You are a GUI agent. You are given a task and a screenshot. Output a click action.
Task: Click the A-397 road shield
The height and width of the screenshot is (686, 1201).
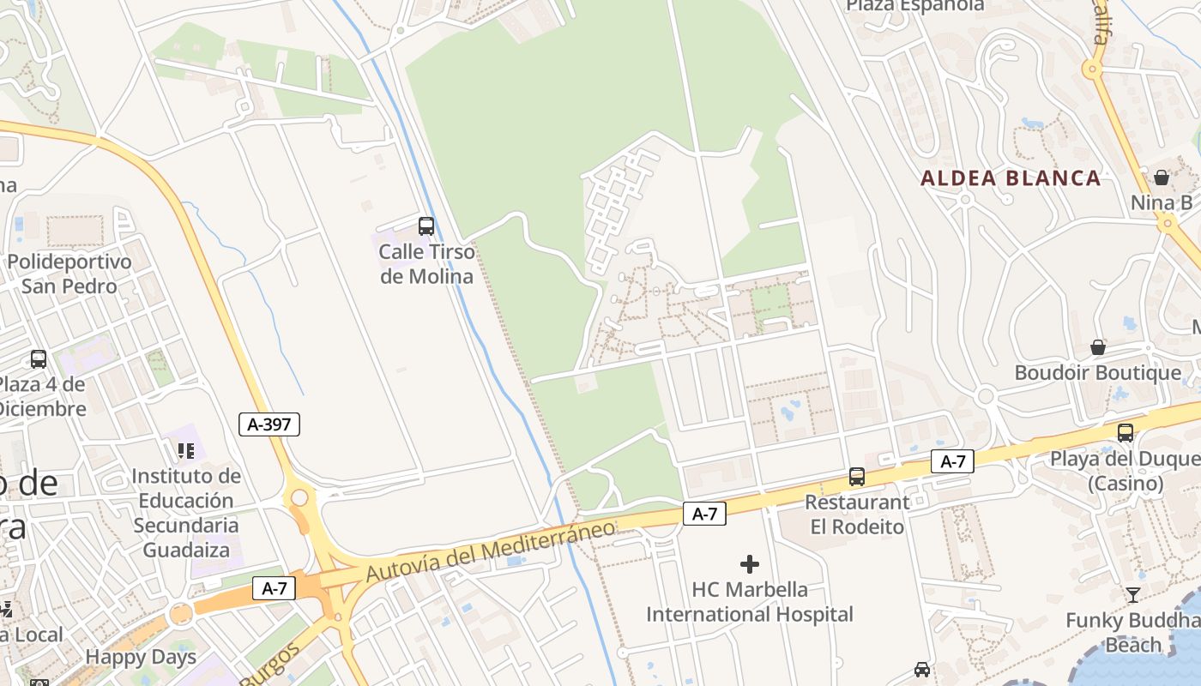tap(269, 424)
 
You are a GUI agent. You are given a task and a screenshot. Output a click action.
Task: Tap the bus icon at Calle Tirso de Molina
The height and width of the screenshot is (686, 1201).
tap(425, 226)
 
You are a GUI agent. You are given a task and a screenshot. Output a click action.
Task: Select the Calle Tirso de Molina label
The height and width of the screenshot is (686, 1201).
tap(426, 264)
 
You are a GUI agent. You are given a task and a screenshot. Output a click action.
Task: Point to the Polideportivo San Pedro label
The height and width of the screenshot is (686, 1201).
tap(69, 274)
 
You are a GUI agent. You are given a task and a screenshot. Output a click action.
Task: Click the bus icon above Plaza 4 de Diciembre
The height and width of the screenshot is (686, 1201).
tap(39, 358)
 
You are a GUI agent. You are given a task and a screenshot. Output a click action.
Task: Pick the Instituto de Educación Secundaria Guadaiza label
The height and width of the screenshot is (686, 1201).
tap(186, 512)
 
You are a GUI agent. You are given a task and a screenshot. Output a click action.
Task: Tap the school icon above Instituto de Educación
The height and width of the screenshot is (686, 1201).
tap(185, 449)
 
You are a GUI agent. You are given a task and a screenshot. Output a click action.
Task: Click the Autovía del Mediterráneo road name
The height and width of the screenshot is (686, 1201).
tap(491, 550)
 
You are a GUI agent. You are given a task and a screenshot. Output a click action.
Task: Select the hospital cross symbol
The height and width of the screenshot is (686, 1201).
tap(750, 563)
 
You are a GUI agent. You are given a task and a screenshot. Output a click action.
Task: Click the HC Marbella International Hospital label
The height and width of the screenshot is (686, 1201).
tap(750, 602)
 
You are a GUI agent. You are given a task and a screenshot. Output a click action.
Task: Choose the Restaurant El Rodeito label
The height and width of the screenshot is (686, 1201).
tap(857, 514)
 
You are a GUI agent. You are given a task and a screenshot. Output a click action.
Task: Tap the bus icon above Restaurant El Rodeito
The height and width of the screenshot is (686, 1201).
tap(856, 477)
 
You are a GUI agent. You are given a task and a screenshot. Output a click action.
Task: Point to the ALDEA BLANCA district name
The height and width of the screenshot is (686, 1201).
tap(1011, 178)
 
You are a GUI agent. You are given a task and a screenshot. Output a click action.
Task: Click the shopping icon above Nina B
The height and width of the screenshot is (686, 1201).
tap(1162, 178)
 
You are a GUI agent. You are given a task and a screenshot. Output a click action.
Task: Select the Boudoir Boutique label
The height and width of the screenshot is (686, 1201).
tap(1097, 373)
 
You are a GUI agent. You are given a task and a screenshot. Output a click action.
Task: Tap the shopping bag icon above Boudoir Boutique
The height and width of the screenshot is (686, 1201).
tap(1097, 347)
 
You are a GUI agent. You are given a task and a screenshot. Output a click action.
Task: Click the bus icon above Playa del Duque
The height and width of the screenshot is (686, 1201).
tap(1126, 433)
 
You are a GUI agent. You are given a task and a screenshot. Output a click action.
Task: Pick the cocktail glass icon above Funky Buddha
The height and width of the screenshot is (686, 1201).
tap(1132, 594)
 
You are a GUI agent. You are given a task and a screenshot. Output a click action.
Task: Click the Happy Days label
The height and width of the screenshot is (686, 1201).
tap(141, 658)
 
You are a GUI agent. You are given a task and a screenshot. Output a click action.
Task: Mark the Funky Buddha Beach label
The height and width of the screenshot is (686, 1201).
tap(1132, 632)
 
